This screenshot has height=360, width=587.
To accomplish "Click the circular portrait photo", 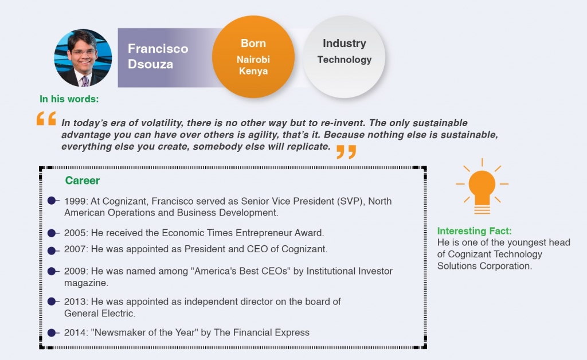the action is click(83, 58).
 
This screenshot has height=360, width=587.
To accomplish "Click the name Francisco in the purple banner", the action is click(158, 49).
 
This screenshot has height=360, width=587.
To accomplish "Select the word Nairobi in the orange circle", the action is click(253, 60).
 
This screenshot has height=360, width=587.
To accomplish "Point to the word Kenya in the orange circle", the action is click(253, 71).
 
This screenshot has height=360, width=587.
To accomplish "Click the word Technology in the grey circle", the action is click(345, 60).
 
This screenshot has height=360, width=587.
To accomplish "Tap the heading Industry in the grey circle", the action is click(345, 44).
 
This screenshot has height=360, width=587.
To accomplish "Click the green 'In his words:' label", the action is click(69, 99).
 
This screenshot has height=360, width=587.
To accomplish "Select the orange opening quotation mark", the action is click(46, 118).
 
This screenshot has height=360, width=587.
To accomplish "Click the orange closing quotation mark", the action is click(346, 152).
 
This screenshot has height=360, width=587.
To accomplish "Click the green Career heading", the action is click(83, 181).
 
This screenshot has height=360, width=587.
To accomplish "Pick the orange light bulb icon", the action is click(482, 186).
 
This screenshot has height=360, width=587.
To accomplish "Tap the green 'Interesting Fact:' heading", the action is click(474, 231).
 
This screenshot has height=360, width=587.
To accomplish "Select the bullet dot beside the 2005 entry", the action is click(52, 233).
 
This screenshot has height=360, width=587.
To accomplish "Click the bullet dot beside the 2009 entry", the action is click(52, 271).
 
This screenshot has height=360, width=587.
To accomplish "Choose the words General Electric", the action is click(99, 313).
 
